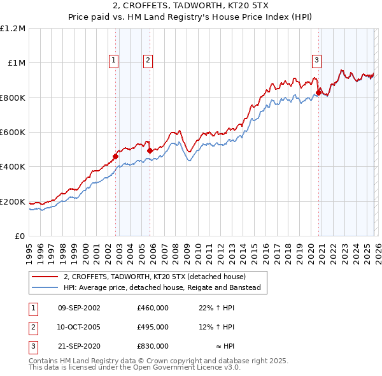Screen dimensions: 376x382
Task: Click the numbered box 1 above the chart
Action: click(113, 61)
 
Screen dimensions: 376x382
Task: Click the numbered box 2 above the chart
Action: click(148, 61)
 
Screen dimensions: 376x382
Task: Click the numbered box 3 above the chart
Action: click(316, 61)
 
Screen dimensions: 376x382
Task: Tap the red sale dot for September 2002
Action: click(116, 156)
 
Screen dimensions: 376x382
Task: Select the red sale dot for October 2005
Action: click(150, 150)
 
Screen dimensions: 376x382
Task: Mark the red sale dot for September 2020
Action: click(318, 91)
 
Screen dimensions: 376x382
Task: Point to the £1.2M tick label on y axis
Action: click(13, 29)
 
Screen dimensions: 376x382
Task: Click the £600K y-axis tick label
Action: click(13, 133)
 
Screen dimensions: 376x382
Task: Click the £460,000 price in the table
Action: click(153, 308)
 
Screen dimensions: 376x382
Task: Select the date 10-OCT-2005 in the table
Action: click(79, 327)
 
